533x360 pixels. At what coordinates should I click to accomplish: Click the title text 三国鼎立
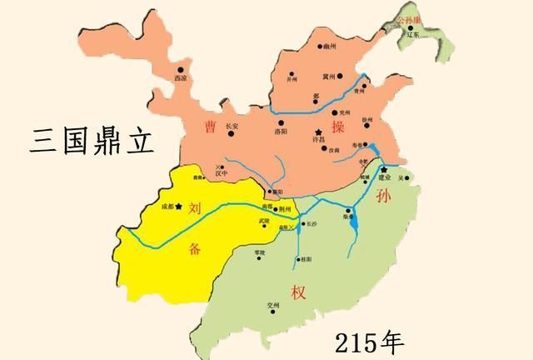click(92, 139)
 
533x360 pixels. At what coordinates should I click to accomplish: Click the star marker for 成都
click(178, 204)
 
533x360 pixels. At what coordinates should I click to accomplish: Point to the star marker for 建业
click(384, 169)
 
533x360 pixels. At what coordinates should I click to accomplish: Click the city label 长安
click(232, 127)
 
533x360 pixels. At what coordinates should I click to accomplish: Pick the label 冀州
click(329, 76)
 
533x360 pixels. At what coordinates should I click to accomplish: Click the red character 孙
click(383, 196)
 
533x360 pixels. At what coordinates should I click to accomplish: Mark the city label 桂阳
click(306, 260)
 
